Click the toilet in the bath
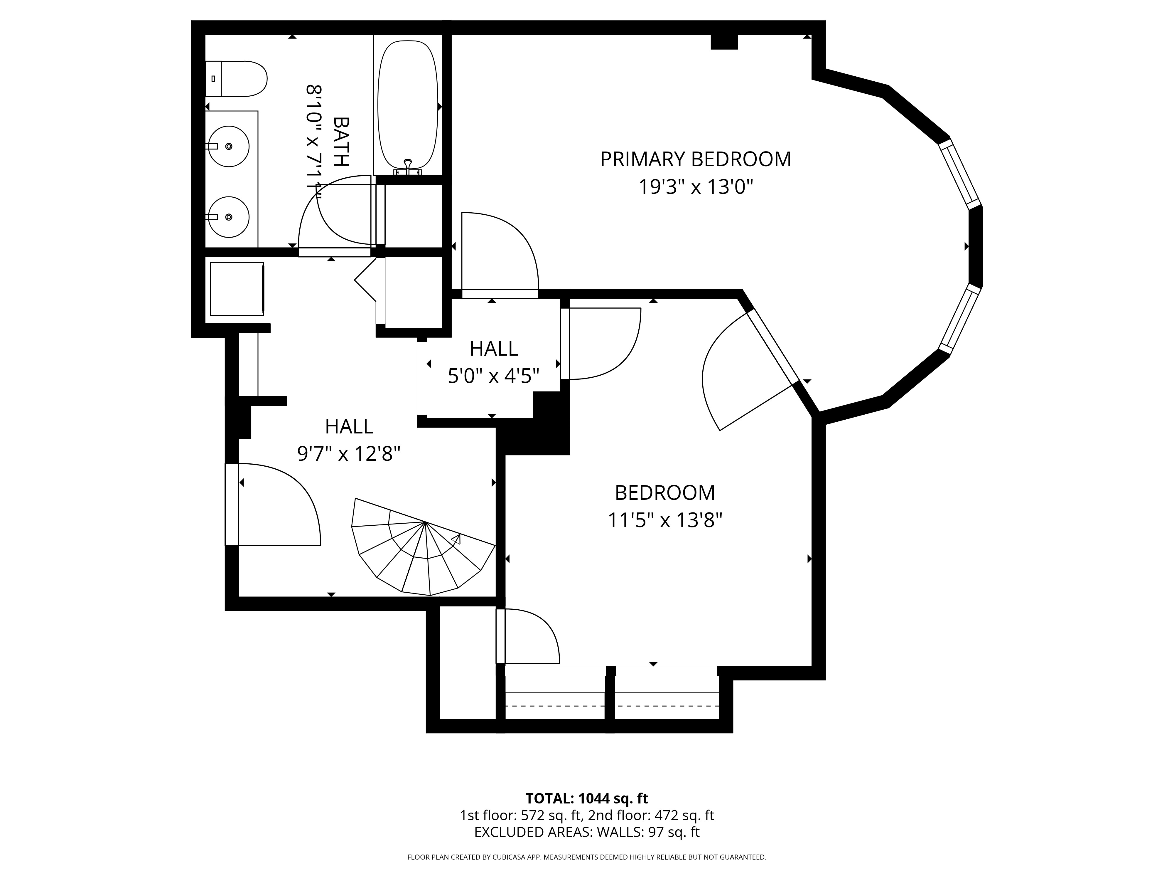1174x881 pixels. [x=239, y=79]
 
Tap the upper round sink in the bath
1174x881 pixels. [x=229, y=146]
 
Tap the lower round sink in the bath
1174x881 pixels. [x=229, y=217]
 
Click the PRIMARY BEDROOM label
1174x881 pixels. [x=695, y=159]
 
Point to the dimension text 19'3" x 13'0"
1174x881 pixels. [x=695, y=187]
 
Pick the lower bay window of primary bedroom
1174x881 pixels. [x=959, y=319]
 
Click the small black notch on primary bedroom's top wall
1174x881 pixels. [x=724, y=41]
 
